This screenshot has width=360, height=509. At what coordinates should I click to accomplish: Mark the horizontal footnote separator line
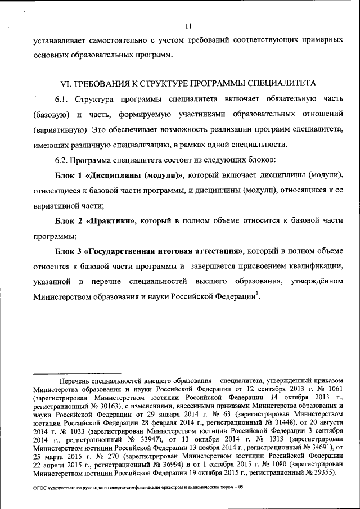pyautogui.click(x=77, y=372)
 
